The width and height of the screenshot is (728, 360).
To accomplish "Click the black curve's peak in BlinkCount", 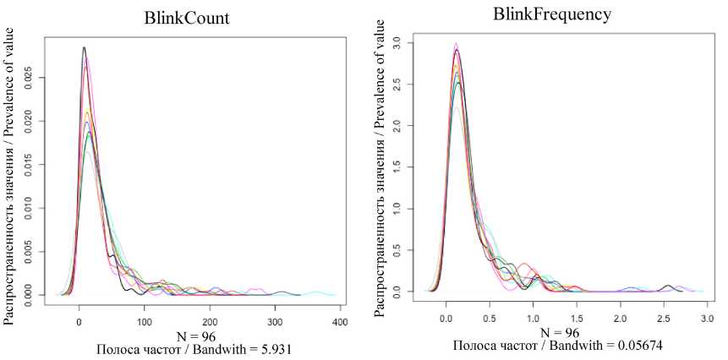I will [x=84, y=48].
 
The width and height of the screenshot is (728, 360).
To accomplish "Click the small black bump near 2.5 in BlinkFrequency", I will [x=668, y=286].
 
